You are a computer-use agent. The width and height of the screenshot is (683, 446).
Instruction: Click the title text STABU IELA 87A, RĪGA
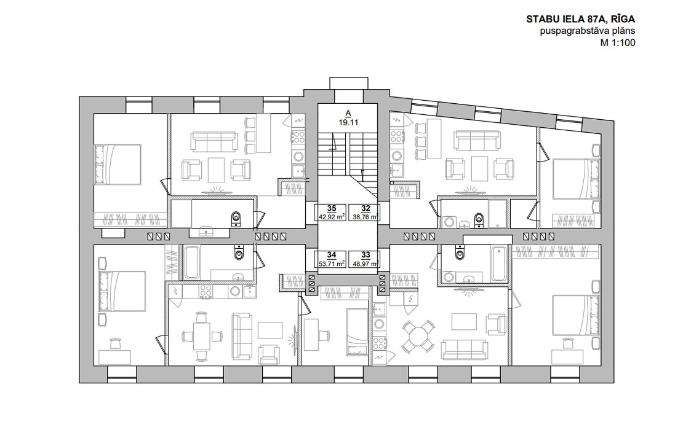581,19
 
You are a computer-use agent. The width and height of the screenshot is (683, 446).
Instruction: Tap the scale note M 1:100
618,42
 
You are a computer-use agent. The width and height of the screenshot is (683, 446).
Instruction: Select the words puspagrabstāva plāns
588,31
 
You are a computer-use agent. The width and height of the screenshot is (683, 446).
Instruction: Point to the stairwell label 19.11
348,123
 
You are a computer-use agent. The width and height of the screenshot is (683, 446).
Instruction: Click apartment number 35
332,209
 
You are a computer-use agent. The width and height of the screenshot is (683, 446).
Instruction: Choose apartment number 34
332,255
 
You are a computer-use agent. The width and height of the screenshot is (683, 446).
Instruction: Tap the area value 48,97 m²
365,263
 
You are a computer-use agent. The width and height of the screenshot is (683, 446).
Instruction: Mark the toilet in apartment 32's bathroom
479,219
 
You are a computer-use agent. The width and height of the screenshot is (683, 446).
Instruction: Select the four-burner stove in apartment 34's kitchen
206,291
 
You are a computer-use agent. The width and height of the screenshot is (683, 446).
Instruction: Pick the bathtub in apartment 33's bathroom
499,264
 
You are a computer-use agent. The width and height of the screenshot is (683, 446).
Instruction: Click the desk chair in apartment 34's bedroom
116,343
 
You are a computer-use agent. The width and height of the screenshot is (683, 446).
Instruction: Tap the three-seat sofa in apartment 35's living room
213,141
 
